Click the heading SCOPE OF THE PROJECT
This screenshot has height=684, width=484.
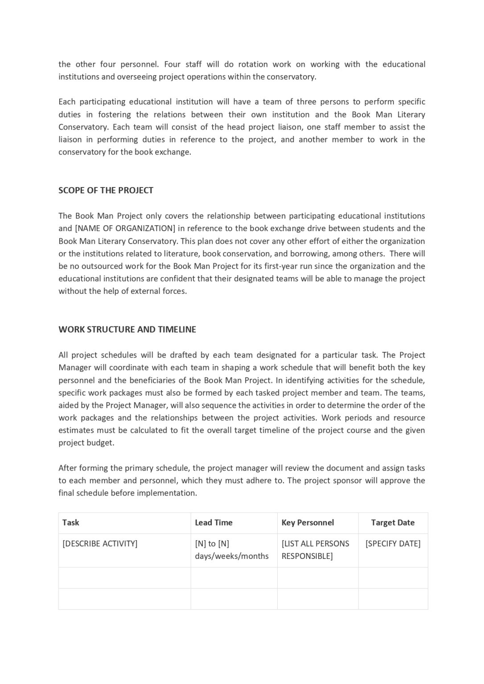point(106,190)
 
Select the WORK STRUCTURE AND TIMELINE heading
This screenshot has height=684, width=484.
point(127,330)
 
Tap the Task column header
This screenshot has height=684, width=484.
point(71,523)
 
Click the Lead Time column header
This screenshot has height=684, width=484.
point(213,523)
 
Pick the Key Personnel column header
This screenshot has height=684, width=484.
point(308,523)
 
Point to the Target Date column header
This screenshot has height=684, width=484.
point(393,523)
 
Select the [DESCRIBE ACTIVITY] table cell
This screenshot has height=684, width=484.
point(100,544)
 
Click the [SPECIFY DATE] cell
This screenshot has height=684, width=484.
point(393,544)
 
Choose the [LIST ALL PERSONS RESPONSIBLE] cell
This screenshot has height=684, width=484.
point(316,550)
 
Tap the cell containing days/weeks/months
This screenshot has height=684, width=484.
point(232,556)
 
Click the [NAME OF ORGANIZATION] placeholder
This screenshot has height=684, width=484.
point(125,228)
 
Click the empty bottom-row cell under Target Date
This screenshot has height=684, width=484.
point(393,599)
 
